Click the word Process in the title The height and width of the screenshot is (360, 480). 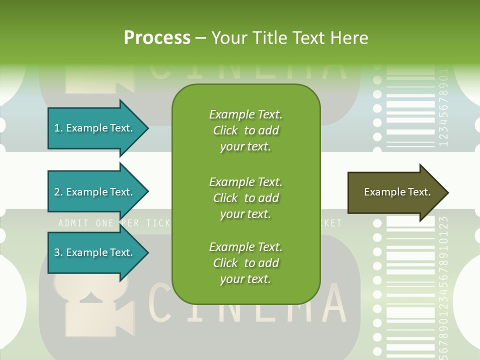157,38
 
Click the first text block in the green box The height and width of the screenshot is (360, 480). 245,130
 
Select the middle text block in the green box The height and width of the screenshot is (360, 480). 245,198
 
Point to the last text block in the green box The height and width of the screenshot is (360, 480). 245,263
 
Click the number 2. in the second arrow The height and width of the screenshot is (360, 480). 58,192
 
